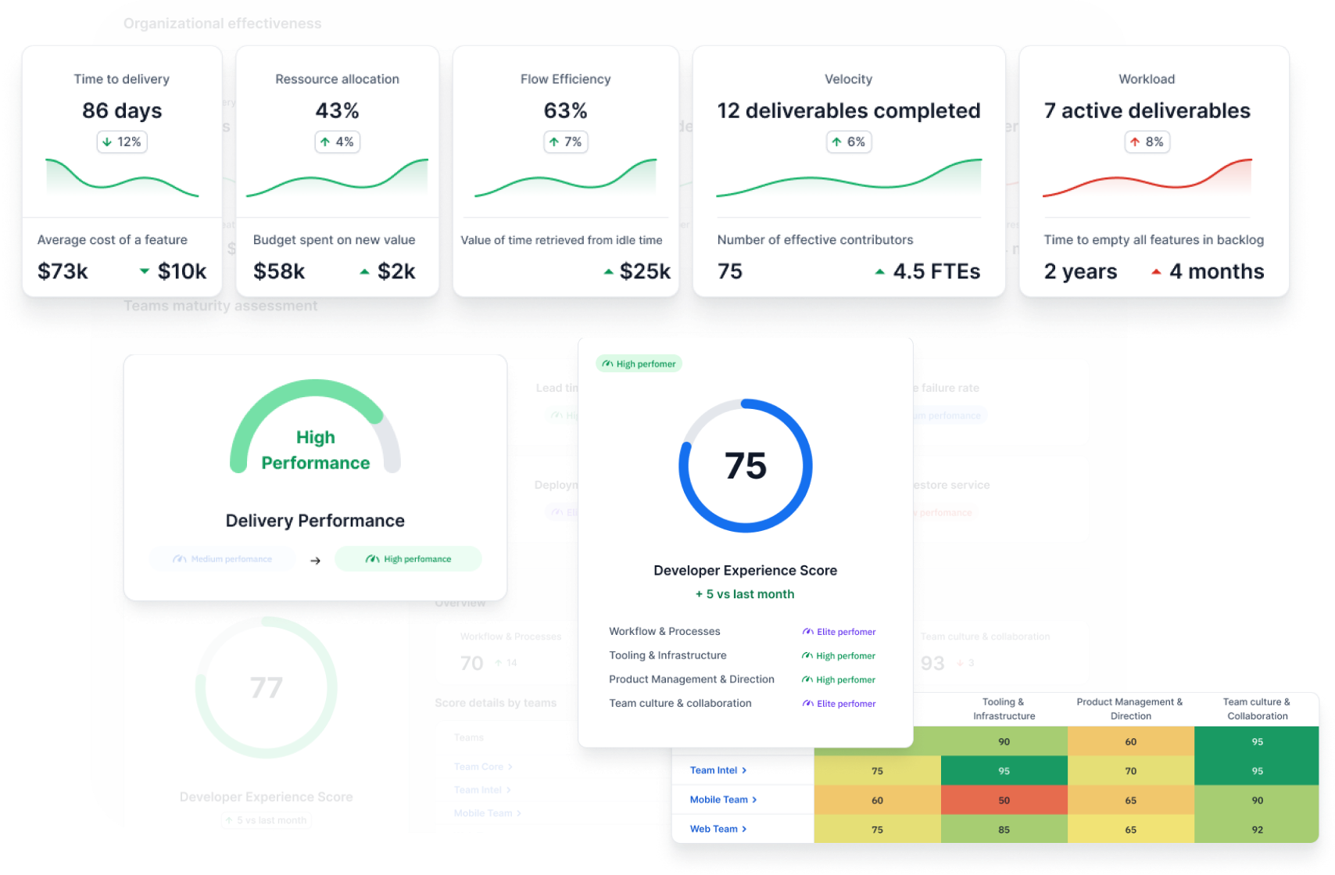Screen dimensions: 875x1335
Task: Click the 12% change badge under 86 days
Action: (x=122, y=142)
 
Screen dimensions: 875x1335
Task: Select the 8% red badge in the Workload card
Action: (x=1147, y=142)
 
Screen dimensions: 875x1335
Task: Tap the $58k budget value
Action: (x=279, y=271)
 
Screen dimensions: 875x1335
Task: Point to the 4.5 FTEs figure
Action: (x=936, y=271)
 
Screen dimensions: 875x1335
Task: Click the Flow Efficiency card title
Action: (x=565, y=79)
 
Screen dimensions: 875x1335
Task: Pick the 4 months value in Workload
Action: (x=1216, y=271)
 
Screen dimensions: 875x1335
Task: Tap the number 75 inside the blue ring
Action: (x=746, y=466)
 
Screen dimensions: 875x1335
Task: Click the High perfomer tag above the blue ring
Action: (x=639, y=364)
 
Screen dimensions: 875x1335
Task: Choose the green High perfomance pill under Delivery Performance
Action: (x=408, y=559)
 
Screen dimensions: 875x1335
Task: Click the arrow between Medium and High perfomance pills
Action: (x=315, y=561)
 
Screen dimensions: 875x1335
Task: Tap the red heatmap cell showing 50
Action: (x=1004, y=800)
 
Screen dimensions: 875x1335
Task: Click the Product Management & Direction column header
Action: (x=1130, y=708)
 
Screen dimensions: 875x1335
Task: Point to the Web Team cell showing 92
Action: (x=1257, y=830)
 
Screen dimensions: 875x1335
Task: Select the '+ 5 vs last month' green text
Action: (x=745, y=594)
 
